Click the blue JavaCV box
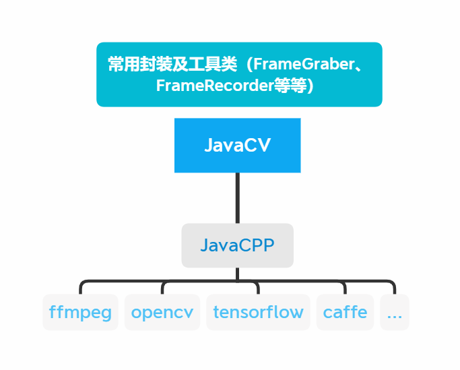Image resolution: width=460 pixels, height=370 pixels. [237, 146]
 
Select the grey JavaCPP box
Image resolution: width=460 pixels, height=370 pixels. [237, 245]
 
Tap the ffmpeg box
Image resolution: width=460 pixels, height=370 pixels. [80, 313]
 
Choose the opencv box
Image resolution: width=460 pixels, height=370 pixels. [162, 313]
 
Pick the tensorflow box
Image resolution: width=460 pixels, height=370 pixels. [258, 313]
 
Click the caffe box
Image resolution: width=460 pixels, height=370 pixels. [345, 313]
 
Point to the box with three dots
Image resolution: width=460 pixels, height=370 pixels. [394, 313]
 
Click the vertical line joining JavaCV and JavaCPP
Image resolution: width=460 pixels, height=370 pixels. [237, 198]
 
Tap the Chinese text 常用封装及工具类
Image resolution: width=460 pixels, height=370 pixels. [172, 65]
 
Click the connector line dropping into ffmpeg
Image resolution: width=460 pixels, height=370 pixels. [80, 288]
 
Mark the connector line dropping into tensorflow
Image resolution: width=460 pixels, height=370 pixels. [258, 288]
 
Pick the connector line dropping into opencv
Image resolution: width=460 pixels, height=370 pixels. [162, 288]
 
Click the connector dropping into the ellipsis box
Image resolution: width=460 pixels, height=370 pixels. [394, 288]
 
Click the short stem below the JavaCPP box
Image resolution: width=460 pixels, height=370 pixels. [237, 273]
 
